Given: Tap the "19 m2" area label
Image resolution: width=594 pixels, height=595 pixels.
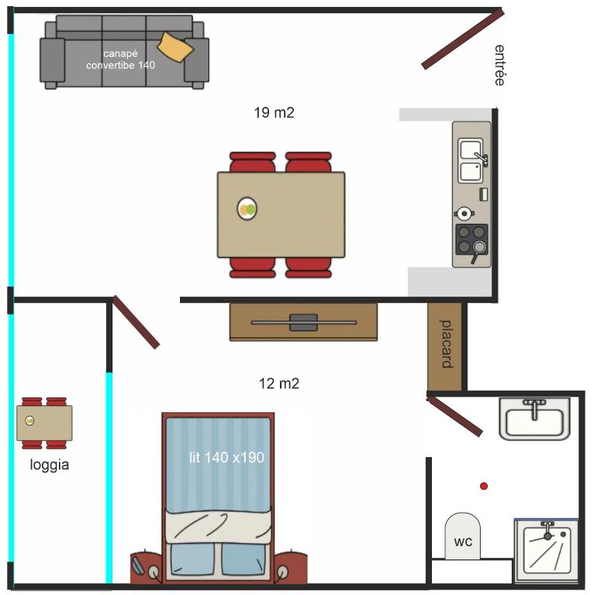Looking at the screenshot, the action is pyautogui.click(x=274, y=112).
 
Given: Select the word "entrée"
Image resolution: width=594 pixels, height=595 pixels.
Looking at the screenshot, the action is pyautogui.click(x=499, y=65).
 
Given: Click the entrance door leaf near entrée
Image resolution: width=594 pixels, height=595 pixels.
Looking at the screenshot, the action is pyautogui.click(x=463, y=40).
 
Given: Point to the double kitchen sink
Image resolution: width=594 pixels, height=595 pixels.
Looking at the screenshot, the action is pyautogui.click(x=471, y=160).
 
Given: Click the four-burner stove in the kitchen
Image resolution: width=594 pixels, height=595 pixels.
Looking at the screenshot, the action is pyautogui.click(x=471, y=239).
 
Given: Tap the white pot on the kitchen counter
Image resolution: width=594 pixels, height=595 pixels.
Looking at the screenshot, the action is pyautogui.click(x=464, y=214).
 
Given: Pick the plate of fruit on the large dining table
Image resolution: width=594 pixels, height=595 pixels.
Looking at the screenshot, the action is pyautogui.click(x=247, y=208).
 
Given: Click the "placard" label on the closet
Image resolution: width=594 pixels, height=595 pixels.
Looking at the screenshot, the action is pyautogui.click(x=446, y=344).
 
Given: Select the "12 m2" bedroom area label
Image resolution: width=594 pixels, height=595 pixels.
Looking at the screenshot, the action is pyautogui.click(x=278, y=383).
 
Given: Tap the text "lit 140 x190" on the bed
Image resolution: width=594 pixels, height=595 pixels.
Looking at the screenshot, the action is pyautogui.click(x=226, y=457).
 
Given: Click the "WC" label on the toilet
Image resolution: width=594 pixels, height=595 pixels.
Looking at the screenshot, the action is pyautogui.click(x=463, y=542).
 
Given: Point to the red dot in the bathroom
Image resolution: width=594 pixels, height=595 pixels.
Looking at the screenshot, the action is pyautogui.click(x=483, y=486).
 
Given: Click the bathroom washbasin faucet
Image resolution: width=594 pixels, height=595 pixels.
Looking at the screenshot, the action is pyautogui.click(x=535, y=408).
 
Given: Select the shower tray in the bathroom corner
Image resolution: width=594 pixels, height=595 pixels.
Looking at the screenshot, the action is pyautogui.click(x=546, y=551).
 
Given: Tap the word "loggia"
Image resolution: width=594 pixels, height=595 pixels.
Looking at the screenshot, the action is pyautogui.click(x=50, y=465).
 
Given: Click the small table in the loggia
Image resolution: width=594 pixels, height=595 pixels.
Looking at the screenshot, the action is pyautogui.click(x=44, y=423).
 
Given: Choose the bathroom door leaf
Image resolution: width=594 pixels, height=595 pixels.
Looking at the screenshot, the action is pyautogui.click(x=454, y=416).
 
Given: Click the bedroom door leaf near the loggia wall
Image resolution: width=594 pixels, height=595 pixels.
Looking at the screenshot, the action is pyautogui.click(x=136, y=322).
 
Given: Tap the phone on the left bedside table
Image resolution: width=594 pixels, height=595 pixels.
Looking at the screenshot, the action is pyautogui.click(x=137, y=566).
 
